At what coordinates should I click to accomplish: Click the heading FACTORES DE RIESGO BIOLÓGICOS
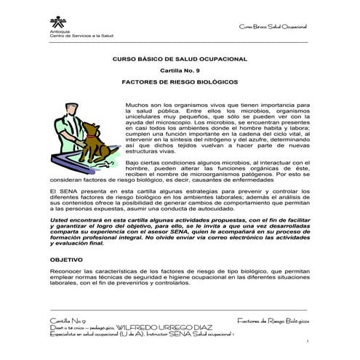(x=179, y=84)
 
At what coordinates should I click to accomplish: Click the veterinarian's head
(x=70, y=108)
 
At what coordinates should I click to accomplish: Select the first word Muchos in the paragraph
(x=136, y=104)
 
